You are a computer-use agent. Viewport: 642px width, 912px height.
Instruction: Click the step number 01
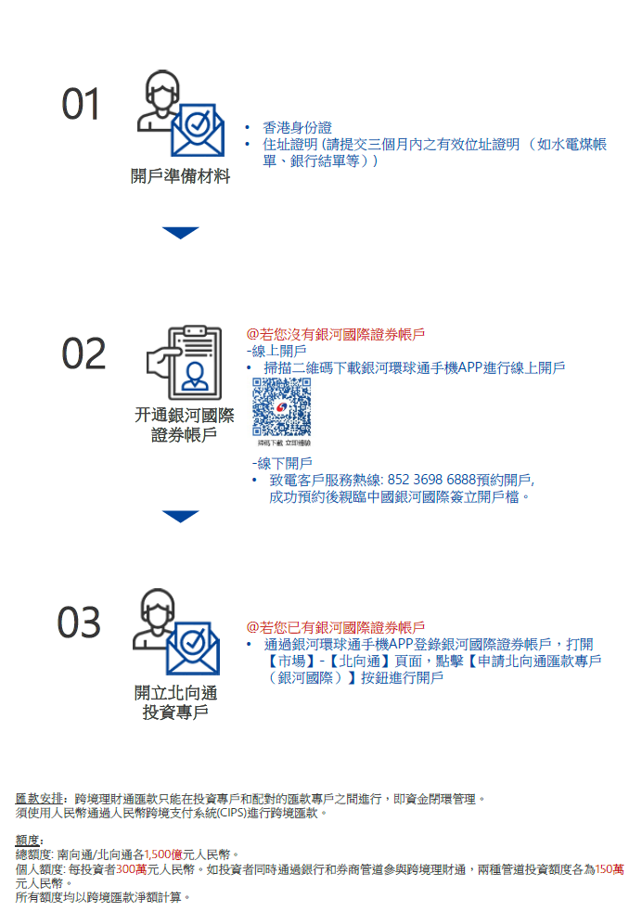(81, 105)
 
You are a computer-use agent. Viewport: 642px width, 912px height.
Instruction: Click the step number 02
(83, 353)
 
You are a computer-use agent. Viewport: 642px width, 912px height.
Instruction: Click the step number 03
(79, 623)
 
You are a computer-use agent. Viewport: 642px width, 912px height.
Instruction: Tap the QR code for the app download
(281, 406)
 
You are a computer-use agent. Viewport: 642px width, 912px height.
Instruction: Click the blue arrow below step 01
(180, 233)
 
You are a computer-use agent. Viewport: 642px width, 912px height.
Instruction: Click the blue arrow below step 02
(180, 516)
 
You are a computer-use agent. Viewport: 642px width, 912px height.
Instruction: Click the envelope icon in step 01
(198, 130)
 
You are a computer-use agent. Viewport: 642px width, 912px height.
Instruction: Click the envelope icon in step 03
(193, 649)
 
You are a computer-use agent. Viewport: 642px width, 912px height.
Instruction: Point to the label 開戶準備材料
(180, 175)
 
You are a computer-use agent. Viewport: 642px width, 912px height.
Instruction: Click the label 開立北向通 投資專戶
(175, 702)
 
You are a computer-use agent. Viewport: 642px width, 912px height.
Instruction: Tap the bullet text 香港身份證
(297, 127)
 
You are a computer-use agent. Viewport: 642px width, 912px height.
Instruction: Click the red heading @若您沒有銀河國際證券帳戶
(336, 334)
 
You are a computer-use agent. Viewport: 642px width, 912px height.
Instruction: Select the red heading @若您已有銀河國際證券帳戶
(336, 627)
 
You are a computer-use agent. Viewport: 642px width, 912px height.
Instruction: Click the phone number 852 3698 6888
(431, 480)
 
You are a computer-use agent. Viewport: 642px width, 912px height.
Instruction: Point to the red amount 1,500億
(163, 854)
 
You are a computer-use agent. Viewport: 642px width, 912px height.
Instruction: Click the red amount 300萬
(132, 869)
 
